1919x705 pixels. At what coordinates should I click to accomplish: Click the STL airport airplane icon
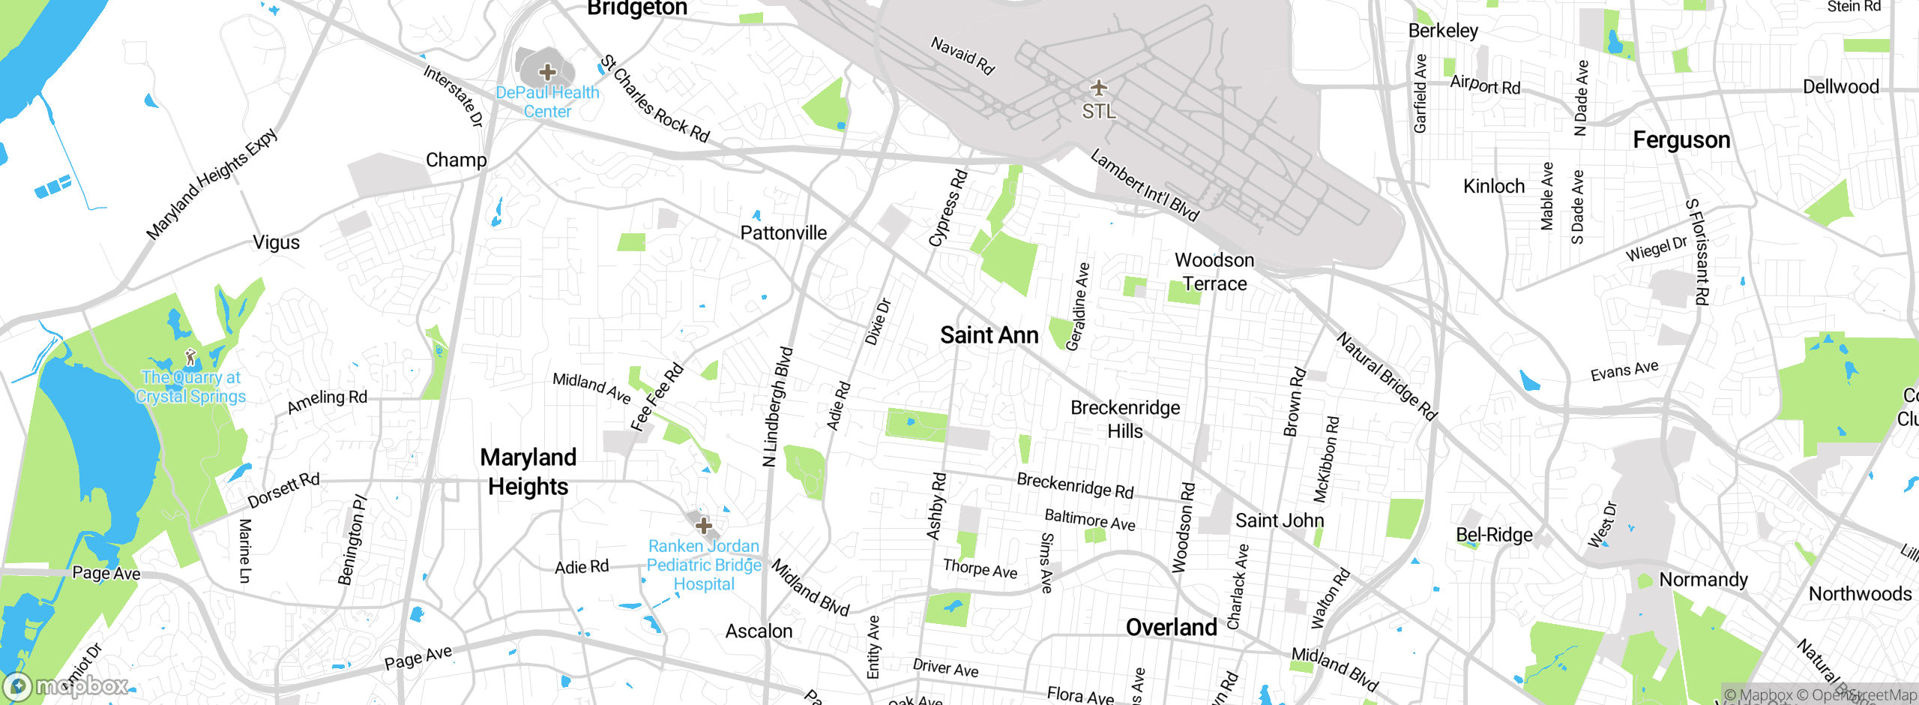[x=1099, y=88]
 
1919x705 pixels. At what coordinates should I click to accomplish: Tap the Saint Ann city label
[x=989, y=335]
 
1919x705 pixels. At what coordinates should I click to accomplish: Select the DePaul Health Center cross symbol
[x=548, y=72]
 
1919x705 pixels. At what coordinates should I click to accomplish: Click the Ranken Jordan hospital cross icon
[x=703, y=525]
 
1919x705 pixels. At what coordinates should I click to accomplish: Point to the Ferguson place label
[x=1681, y=140]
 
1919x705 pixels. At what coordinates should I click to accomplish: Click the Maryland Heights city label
[x=528, y=472]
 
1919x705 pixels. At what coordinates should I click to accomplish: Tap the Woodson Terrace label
[x=1214, y=271]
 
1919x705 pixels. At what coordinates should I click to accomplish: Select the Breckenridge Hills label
[x=1125, y=419]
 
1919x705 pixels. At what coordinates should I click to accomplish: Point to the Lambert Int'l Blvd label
[x=1145, y=184]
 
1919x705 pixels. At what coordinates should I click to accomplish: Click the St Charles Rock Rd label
[x=655, y=98]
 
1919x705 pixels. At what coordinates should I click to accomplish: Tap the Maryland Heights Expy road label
[x=211, y=184]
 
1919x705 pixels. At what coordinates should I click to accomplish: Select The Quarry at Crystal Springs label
[x=191, y=387]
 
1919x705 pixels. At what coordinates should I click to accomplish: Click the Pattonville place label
[x=783, y=233]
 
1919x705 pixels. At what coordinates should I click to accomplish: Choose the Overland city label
[x=1171, y=628]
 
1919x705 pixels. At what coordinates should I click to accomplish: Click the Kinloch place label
[x=1493, y=186]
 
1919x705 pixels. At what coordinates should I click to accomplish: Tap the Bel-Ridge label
[x=1494, y=535]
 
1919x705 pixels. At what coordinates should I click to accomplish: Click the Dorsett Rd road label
[x=283, y=490]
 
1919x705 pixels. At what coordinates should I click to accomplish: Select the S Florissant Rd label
[x=1698, y=252]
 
